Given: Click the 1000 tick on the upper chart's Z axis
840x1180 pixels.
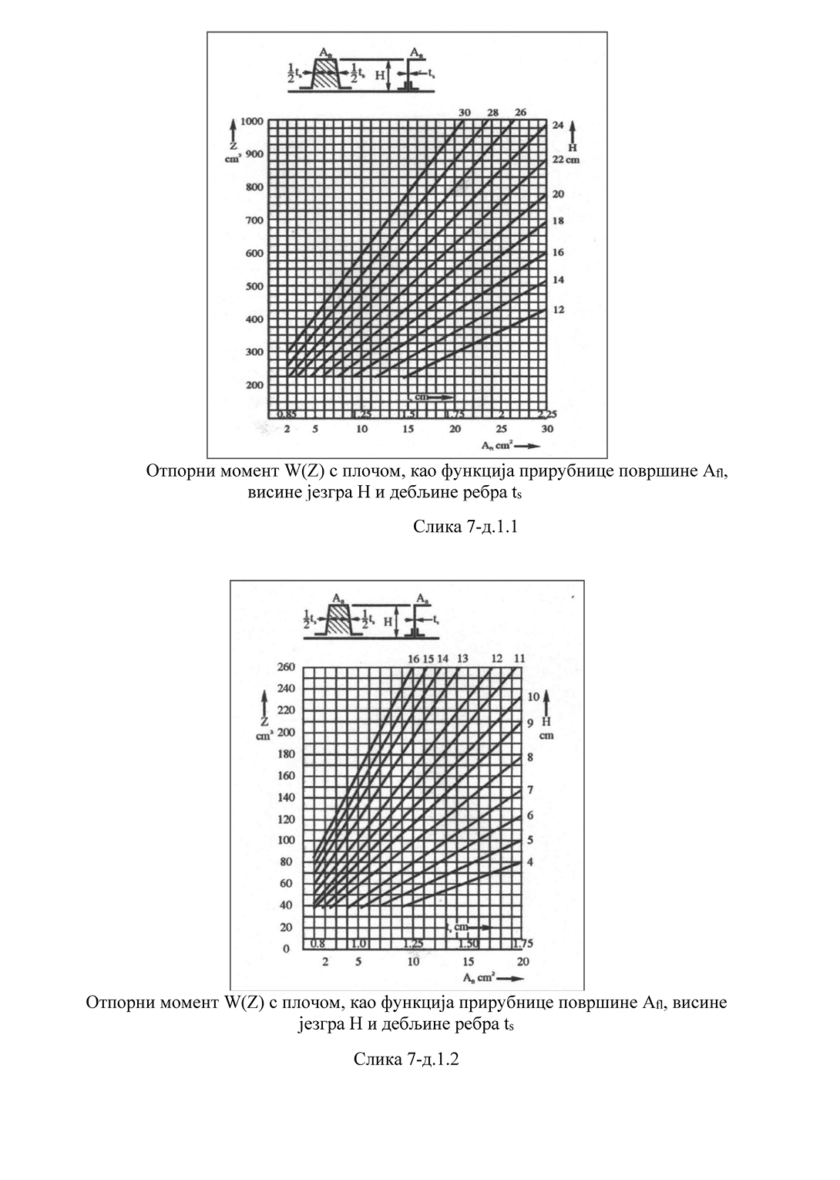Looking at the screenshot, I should (x=252, y=121).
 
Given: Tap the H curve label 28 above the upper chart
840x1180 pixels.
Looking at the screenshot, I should (x=492, y=113).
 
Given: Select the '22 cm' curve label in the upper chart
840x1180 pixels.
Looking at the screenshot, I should (x=565, y=159).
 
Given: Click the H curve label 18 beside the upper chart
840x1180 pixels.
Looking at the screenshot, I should (x=558, y=221).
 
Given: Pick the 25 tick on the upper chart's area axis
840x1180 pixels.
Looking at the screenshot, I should (x=502, y=429).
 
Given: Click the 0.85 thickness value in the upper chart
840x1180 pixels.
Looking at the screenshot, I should (x=287, y=413).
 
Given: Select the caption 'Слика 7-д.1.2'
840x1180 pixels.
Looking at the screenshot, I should (x=406, y=1059).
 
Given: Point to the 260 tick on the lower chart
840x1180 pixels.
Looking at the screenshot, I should (x=285, y=667).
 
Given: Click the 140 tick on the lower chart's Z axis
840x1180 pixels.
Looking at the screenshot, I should (x=285, y=797).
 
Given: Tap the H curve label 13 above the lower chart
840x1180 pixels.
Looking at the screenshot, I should (x=462, y=659).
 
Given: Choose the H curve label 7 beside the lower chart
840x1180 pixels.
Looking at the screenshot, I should (x=530, y=791).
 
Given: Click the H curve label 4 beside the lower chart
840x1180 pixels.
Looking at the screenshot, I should (x=530, y=861).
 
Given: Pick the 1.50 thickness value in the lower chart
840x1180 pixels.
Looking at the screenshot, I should (x=468, y=943).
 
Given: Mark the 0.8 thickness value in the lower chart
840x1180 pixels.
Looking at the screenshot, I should (x=318, y=943).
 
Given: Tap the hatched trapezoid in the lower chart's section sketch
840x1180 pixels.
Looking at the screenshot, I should (x=340, y=621).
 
